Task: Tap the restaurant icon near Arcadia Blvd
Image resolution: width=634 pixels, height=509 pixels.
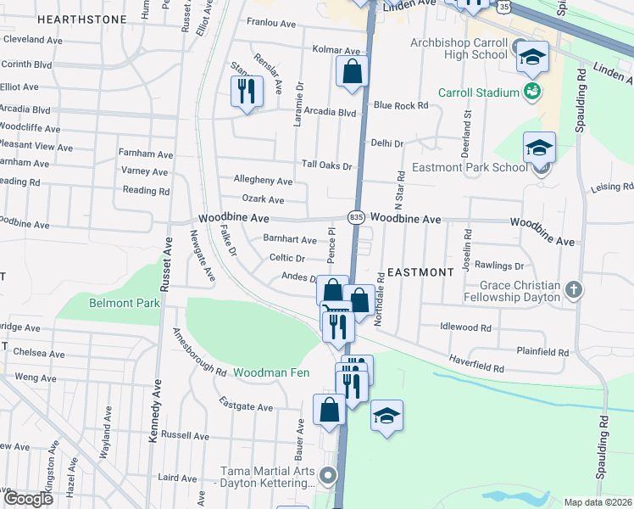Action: (246, 91)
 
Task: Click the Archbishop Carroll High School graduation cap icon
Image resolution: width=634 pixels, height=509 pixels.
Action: (532, 58)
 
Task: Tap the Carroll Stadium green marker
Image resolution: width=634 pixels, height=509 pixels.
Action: (532, 92)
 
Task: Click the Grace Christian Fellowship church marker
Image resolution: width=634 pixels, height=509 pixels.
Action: (574, 289)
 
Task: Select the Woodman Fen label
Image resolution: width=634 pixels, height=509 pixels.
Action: (271, 372)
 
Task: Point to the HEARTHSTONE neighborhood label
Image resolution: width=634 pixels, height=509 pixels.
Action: (82, 19)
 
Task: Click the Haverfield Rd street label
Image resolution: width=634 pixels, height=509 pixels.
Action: (476, 368)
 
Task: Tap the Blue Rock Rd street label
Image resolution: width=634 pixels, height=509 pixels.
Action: (400, 105)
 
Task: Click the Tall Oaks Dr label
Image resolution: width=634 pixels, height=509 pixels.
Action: (326, 165)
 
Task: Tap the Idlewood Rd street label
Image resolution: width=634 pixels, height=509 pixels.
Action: (465, 327)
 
